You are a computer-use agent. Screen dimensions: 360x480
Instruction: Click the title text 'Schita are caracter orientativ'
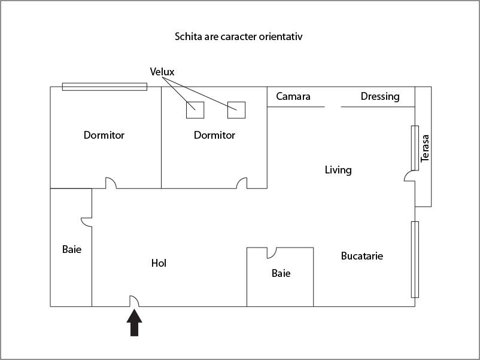pos(239,36)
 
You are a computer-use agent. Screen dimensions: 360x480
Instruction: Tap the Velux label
pos(162,72)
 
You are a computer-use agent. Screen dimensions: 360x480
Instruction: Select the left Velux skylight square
pos(195,110)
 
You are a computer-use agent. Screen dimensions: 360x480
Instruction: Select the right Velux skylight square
pos(236,110)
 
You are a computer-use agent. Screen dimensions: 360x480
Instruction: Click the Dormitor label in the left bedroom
pos(104,135)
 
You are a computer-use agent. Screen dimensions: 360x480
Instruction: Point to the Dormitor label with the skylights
pos(214,135)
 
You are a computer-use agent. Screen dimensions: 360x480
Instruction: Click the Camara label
pos(293,96)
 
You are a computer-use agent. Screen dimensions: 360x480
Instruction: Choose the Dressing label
pos(380,96)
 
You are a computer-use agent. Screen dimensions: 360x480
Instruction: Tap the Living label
pos(338,170)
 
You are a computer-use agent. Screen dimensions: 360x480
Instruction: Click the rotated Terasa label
pos(425,148)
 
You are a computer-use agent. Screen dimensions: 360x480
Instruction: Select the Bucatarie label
pos(362,256)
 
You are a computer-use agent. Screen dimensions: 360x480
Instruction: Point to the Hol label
pos(159,263)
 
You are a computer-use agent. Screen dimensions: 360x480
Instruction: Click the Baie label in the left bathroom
pos(72,249)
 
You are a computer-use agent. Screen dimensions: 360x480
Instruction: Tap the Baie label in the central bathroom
pos(281,273)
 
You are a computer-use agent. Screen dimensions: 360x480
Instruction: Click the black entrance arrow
pos(135,324)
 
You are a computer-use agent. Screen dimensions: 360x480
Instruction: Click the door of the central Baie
pos(272,252)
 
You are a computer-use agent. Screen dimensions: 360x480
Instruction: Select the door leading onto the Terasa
pos(410,177)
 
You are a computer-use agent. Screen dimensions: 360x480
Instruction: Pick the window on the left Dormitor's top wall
pos(105,87)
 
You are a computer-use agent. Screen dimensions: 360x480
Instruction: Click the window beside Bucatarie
pos(415,259)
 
